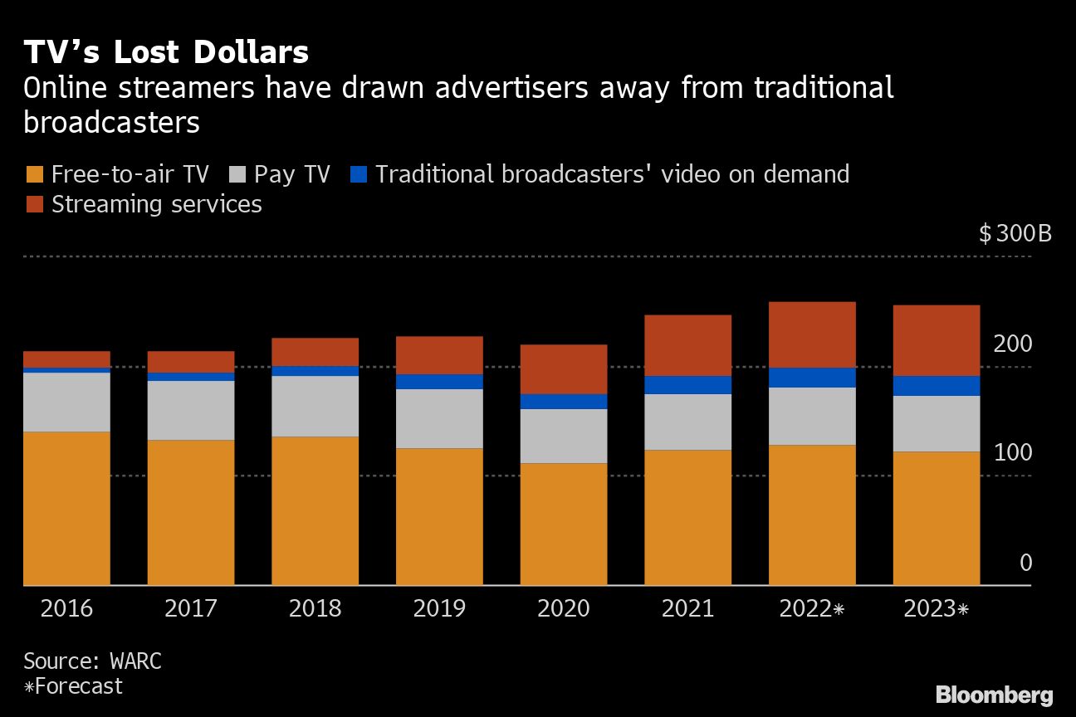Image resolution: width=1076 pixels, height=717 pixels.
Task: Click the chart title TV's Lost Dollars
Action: click(166, 52)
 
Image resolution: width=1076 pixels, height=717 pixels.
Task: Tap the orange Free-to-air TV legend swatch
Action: click(34, 175)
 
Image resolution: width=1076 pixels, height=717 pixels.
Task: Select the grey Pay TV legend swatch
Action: click(237, 175)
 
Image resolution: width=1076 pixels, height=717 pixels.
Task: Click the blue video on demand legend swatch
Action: click(359, 175)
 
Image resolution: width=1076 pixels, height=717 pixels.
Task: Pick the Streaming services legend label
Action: click(156, 204)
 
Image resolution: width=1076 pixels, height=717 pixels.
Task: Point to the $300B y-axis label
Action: click(1015, 233)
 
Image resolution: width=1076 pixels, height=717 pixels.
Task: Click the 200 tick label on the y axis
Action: click(1013, 344)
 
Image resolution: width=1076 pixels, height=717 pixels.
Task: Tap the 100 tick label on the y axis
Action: click(1013, 453)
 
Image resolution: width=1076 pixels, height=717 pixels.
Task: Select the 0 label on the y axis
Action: click(1025, 563)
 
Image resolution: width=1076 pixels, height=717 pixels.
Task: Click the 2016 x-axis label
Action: click(66, 609)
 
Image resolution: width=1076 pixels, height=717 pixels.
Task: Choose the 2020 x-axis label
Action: click(563, 609)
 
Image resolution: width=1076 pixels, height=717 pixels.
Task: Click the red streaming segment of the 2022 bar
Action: click(812, 334)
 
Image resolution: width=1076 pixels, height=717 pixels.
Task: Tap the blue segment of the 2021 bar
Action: click(687, 385)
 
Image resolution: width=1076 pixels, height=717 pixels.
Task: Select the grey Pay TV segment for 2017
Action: click(191, 410)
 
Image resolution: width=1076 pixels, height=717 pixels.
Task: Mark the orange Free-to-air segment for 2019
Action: click(439, 517)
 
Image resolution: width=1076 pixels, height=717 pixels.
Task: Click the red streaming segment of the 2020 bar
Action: click(564, 369)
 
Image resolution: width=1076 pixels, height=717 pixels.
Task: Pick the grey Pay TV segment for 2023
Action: click(937, 423)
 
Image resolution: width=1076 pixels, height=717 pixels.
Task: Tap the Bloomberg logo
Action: click(994, 695)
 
